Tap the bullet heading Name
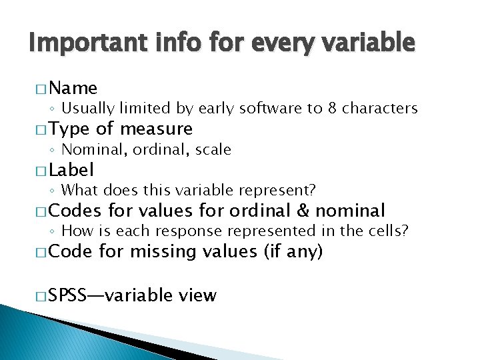point(73,88)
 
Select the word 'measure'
point(156,129)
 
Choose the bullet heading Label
point(71,170)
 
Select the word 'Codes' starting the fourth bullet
point(75,211)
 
